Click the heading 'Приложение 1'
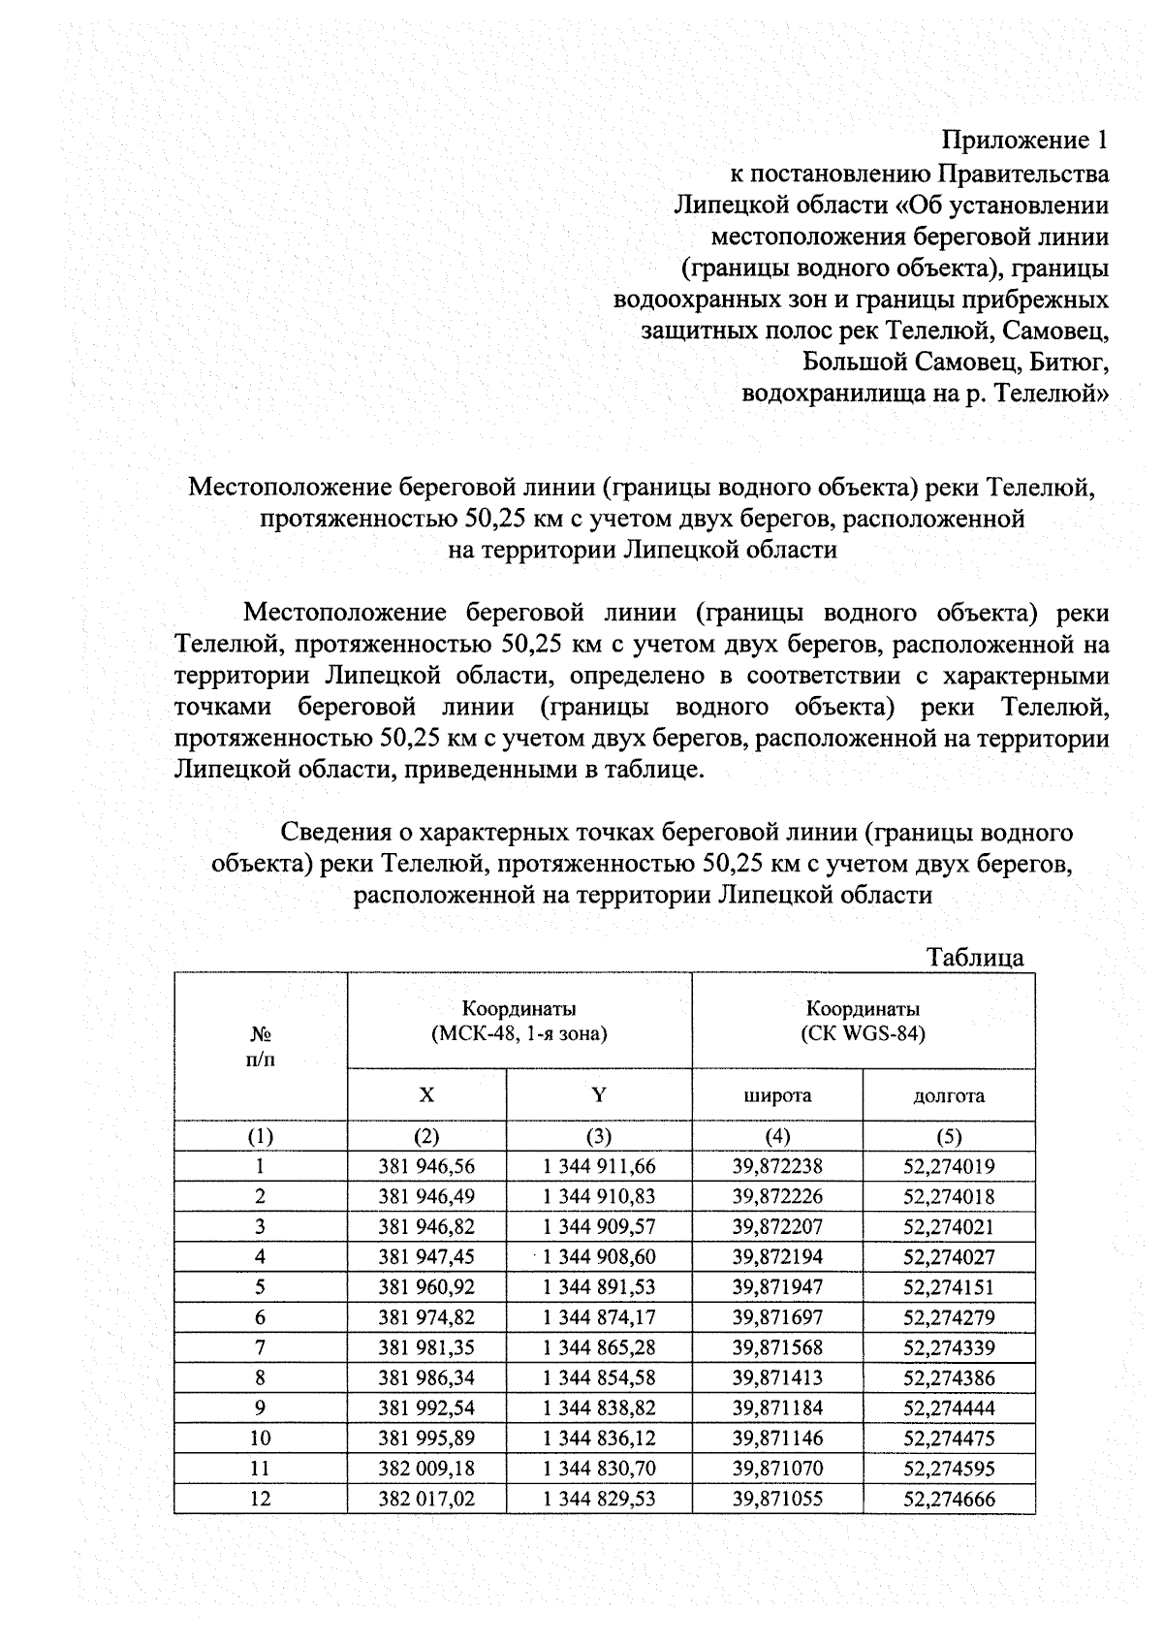click(1025, 142)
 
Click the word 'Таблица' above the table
click(975, 958)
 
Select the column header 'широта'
click(777, 1095)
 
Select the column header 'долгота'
click(949, 1095)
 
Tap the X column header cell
click(426, 1095)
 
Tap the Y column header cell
click(599, 1095)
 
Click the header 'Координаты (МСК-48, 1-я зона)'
click(519, 1021)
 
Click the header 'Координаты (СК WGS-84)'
click(863, 1021)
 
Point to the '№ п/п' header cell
click(261, 1047)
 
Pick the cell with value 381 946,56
click(426, 1167)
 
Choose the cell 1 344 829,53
click(599, 1499)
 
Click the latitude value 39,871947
click(777, 1287)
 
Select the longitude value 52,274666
click(949, 1500)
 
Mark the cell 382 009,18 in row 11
click(426, 1469)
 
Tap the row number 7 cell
click(261, 1347)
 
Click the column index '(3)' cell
click(599, 1136)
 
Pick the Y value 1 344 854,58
click(599, 1377)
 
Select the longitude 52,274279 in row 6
click(949, 1317)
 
